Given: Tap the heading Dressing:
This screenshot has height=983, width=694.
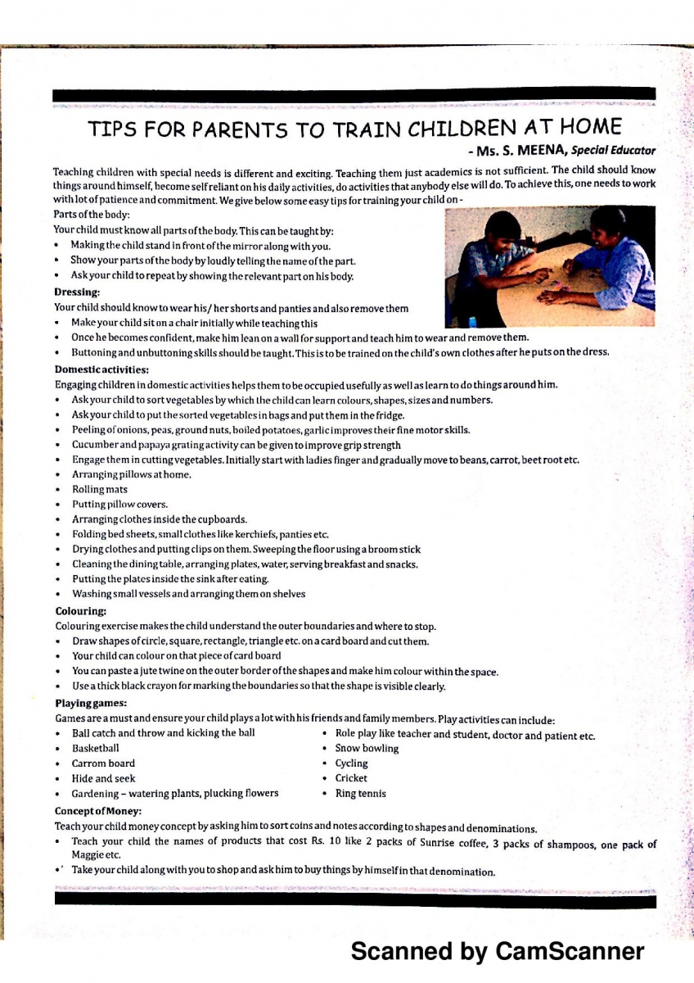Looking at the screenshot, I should pos(77,292).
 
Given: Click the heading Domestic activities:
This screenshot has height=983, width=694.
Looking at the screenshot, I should pos(101,369).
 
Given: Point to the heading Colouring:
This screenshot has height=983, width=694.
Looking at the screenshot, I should pos(81,610).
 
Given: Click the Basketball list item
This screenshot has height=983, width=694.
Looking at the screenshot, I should pos(95,748).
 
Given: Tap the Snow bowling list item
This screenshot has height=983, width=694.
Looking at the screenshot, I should pos(367,748).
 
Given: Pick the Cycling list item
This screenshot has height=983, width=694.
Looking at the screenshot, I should pos(351,763).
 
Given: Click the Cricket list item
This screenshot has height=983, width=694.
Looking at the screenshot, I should pos(351,778).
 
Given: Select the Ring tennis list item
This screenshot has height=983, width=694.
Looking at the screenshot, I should pos(360,794).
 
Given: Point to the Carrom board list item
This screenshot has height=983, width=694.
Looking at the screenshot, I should pos(103,763).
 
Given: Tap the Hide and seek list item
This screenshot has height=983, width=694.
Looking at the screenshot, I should pos(103,778).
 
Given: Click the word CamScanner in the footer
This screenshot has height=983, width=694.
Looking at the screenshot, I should pos(570,951).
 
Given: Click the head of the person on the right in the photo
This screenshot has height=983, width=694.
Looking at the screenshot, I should pos(609,223).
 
